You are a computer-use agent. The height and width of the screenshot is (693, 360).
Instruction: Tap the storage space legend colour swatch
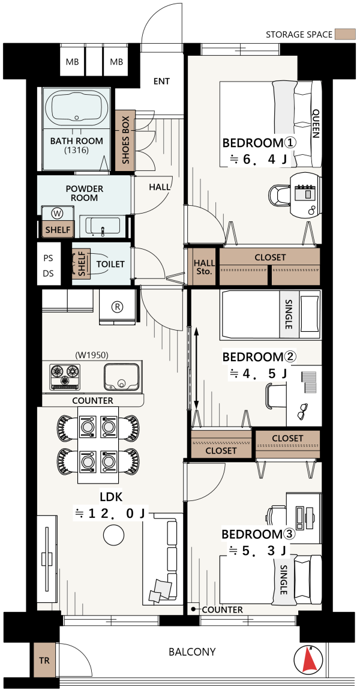click(345, 34)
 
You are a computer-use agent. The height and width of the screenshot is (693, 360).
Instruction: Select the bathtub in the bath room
click(77, 109)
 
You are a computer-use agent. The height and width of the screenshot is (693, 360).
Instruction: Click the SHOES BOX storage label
click(125, 140)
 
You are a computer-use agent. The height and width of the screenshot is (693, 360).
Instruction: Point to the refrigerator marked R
click(118, 306)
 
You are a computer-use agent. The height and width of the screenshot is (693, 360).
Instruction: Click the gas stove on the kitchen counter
click(65, 377)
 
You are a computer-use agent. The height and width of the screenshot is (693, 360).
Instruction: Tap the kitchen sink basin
click(121, 377)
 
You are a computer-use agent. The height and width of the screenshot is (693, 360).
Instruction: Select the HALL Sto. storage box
click(203, 266)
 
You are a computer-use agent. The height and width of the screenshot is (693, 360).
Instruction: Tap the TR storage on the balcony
click(45, 661)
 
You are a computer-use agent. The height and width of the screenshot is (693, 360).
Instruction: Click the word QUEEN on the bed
click(316, 124)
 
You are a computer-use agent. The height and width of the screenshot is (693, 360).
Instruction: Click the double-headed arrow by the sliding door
click(196, 369)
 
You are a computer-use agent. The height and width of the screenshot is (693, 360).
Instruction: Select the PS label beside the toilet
click(48, 257)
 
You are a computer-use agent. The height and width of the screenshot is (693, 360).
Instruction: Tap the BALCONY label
click(192, 652)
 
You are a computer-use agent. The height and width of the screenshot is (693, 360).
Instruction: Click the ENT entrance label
click(161, 81)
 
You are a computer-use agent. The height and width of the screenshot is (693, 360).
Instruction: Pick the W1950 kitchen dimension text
click(92, 354)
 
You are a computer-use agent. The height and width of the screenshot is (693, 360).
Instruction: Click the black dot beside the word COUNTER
click(193, 610)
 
